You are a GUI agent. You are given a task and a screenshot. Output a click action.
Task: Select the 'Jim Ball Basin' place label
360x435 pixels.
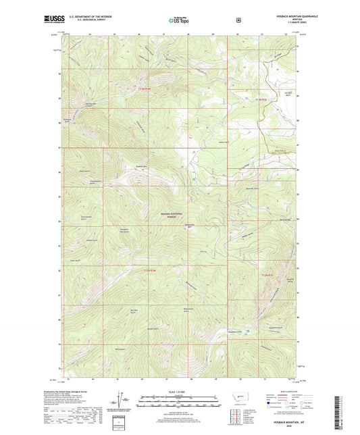coord(269,94)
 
